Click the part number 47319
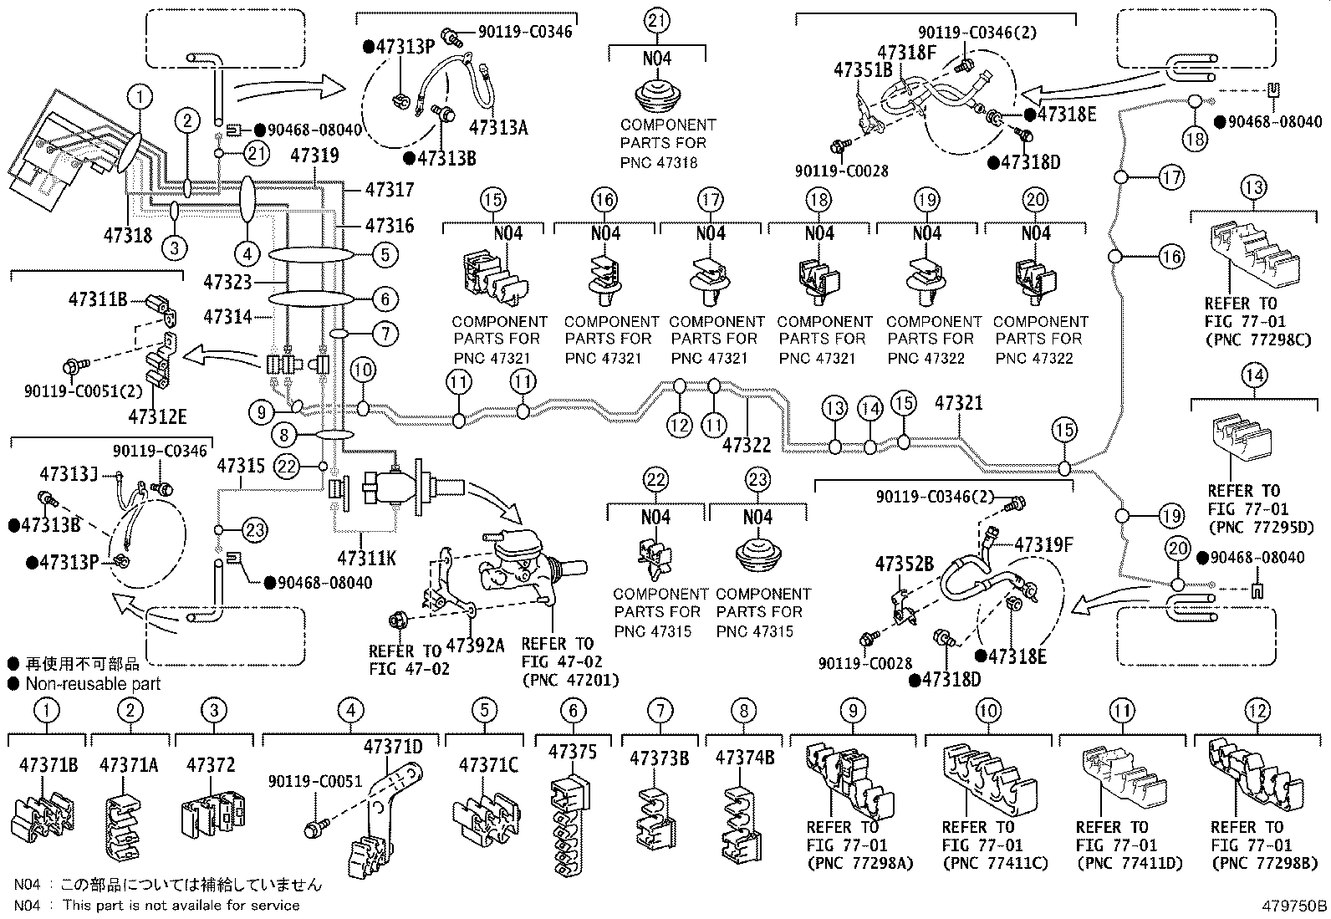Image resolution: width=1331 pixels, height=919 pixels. (314, 156)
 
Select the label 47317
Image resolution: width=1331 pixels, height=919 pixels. (390, 190)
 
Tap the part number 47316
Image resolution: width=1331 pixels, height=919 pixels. (390, 225)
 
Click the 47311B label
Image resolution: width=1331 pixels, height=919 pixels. (98, 299)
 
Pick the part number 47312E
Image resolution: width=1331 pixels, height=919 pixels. (157, 416)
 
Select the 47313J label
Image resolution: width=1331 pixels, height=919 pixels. (69, 474)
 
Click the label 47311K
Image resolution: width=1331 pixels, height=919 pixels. (367, 559)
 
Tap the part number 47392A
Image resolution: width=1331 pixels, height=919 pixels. (475, 645)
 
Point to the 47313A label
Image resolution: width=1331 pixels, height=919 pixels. (498, 127)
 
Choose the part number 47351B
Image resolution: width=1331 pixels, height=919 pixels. (864, 70)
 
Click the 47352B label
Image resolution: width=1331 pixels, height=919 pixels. (905, 564)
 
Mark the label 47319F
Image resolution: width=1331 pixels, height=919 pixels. (1043, 544)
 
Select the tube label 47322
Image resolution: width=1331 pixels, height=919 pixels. (747, 445)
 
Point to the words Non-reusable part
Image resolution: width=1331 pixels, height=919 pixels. (93, 683)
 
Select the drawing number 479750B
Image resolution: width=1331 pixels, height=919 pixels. (1294, 906)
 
